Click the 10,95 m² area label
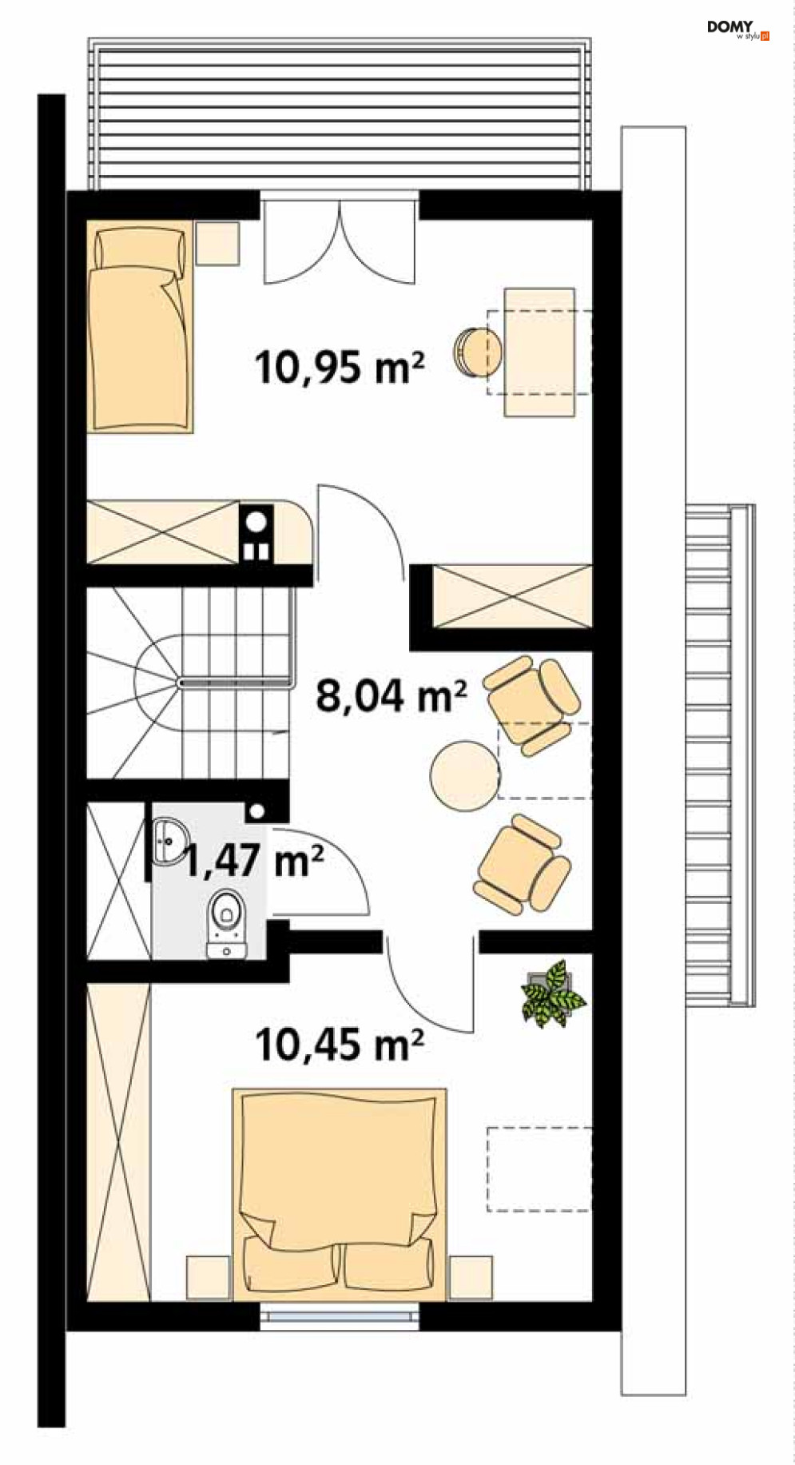[339, 368]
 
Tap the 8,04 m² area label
[391, 695]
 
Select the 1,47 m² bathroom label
[254, 860]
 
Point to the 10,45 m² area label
[339, 1044]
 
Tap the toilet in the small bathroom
[227, 923]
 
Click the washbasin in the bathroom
[169, 841]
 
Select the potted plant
[554, 993]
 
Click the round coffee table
[464, 775]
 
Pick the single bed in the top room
[140, 327]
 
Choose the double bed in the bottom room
[340, 1194]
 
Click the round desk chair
[477, 352]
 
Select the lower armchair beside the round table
[523, 864]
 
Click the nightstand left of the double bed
[209, 1277]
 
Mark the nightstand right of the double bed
[471, 1277]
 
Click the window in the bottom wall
[340, 1316]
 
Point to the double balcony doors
[340, 240]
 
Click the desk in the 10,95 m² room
[539, 352]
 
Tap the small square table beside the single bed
[218, 243]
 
